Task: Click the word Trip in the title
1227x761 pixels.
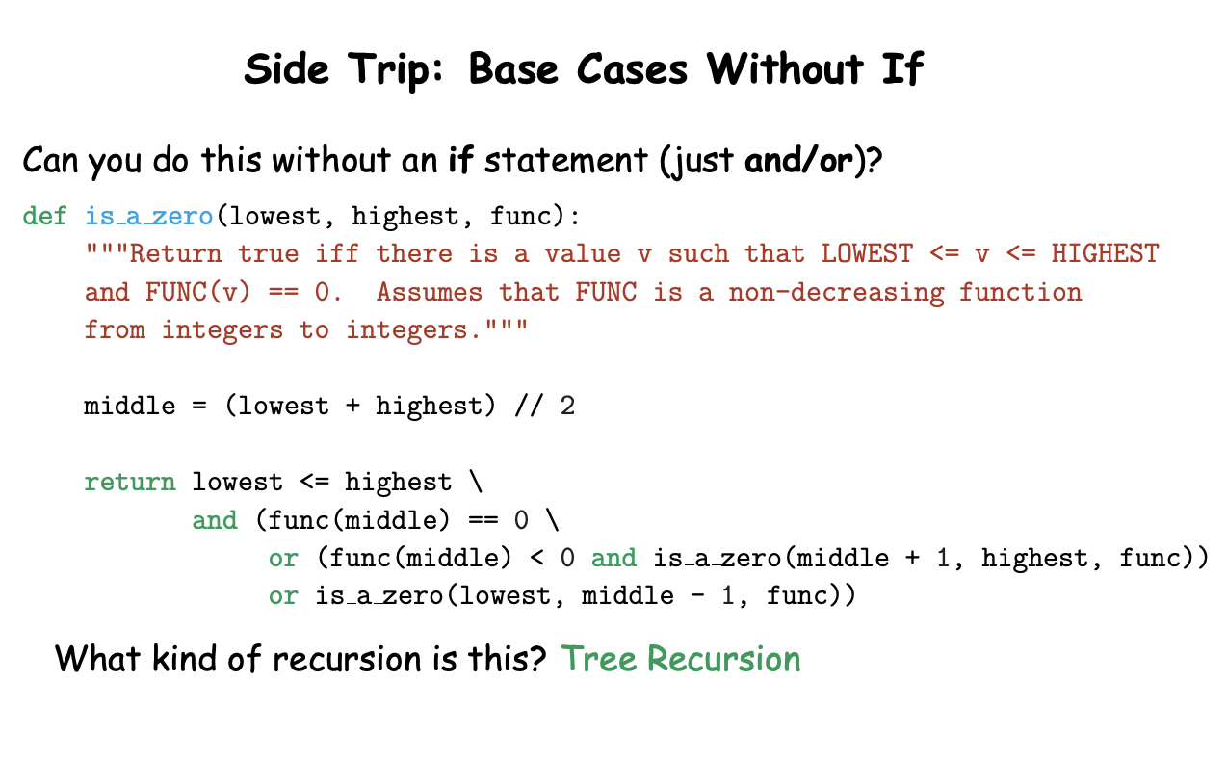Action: tap(396, 71)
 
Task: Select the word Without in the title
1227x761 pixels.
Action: tap(784, 68)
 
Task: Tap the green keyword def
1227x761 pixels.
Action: tap(44, 216)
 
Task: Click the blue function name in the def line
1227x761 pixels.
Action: tap(149, 216)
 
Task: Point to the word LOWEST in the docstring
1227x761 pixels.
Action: tap(867, 253)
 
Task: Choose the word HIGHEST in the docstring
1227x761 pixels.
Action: tap(1105, 253)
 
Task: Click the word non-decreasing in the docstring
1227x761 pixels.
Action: tap(836, 293)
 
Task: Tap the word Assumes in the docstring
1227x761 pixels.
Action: tap(430, 292)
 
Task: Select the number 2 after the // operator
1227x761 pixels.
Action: tap(567, 406)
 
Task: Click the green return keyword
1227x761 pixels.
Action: tap(130, 483)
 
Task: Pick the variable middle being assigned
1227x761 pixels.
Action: tap(129, 406)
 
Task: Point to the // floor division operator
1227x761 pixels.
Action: tap(529, 406)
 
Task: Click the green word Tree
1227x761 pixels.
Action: tap(599, 658)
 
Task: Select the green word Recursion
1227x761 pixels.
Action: tap(724, 658)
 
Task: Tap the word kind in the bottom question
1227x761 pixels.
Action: tap(185, 658)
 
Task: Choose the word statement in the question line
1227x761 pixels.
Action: tap(566, 161)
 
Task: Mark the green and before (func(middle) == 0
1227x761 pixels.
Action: tap(215, 520)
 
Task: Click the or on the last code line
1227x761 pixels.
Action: tap(283, 596)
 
